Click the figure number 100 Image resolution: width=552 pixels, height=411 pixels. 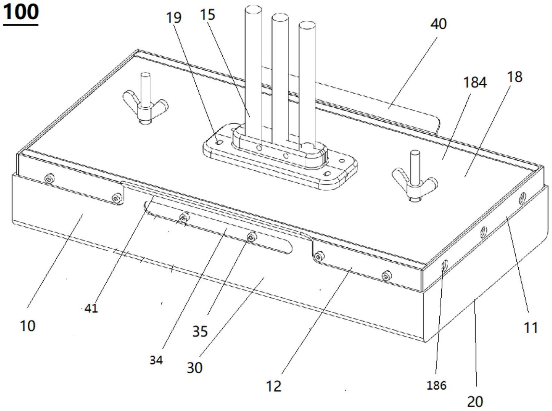[x=21, y=12]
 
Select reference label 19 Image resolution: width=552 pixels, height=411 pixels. [x=174, y=18]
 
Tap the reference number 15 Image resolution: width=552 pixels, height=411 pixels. [x=207, y=15]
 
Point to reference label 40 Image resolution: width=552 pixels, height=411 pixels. [x=439, y=24]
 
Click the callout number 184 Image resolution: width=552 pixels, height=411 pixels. [x=475, y=83]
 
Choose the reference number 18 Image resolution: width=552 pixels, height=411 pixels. [x=515, y=77]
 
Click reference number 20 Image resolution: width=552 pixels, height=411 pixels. [x=475, y=401]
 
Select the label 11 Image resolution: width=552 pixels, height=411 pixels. [x=531, y=327]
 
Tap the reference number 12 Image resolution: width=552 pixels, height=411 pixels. [x=274, y=386]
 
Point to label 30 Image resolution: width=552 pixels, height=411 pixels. [x=194, y=368]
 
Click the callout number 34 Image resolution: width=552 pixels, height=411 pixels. [x=156, y=360]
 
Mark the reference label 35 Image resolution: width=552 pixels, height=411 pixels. [x=200, y=331]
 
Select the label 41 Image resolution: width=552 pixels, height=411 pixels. [x=91, y=308]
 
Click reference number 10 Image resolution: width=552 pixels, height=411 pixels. [x=28, y=326]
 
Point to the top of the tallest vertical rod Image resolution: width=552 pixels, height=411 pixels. [x=253, y=10]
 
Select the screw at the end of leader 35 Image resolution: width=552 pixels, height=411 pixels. [x=252, y=237]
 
